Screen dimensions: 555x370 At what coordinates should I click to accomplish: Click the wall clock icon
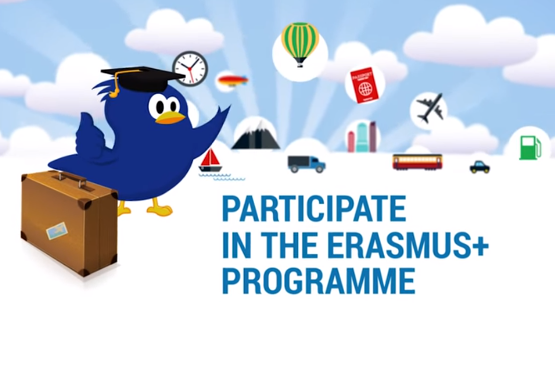pos(190,68)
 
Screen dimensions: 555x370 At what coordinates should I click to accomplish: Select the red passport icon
pos(364,85)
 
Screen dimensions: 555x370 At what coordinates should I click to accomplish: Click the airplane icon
pos(430,108)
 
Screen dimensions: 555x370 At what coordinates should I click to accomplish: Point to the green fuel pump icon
pos(530,147)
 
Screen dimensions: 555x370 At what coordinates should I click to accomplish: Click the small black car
pos(480,167)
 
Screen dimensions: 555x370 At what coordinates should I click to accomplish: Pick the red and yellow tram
pos(418,162)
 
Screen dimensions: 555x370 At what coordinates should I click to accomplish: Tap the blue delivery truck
pos(307,164)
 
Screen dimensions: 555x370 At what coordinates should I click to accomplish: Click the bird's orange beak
pos(170,117)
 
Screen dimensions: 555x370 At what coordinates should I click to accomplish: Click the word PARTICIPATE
pos(314,209)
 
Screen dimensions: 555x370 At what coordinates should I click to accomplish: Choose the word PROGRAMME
pos(319,280)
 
